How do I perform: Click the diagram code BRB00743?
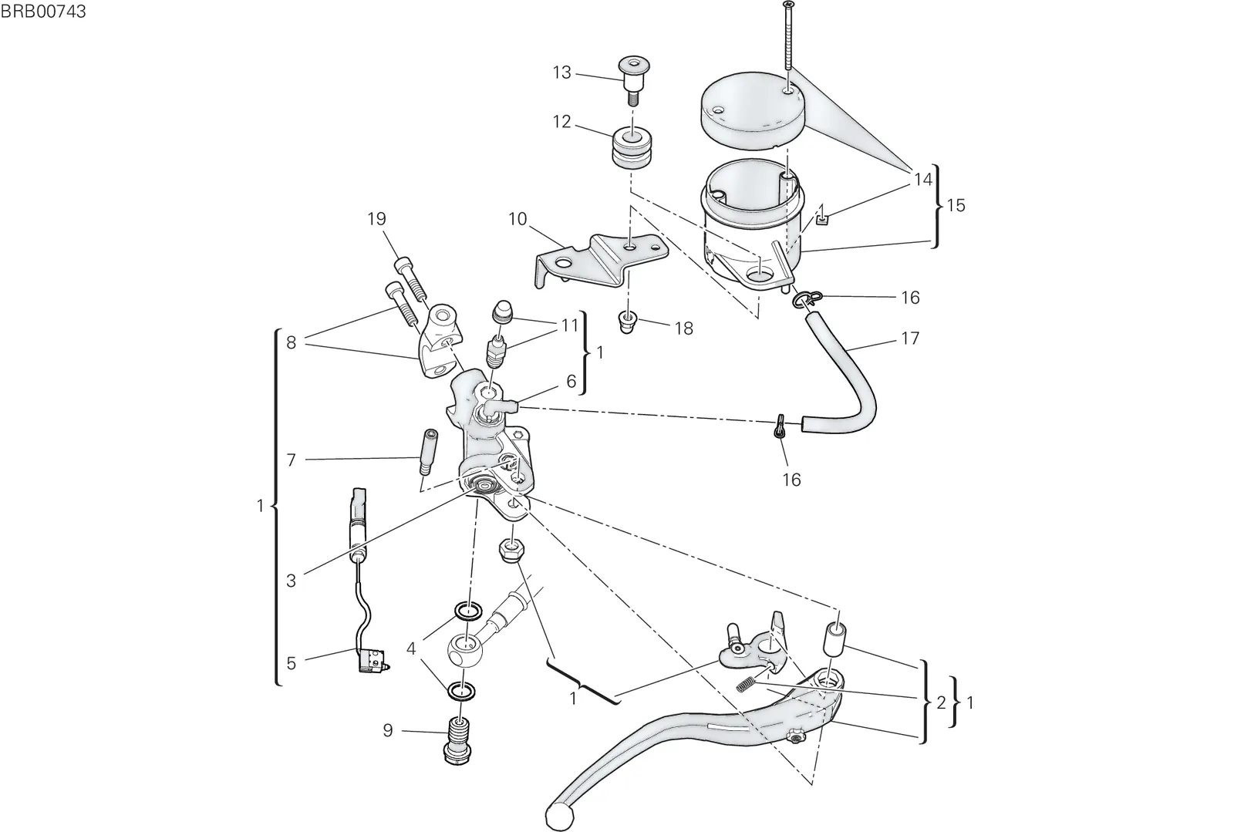pyautogui.click(x=43, y=11)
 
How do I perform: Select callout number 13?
pyautogui.click(x=562, y=72)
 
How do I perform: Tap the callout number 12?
pyautogui.click(x=562, y=122)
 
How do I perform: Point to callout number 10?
pyautogui.click(x=518, y=219)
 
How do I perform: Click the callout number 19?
pyautogui.click(x=377, y=219)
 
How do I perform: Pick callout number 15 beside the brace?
pyautogui.click(x=956, y=205)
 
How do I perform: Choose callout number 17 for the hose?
pyautogui.click(x=911, y=338)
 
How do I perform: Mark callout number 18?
pyautogui.click(x=683, y=328)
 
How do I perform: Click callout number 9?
pyautogui.click(x=388, y=731)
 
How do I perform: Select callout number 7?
pyautogui.click(x=292, y=460)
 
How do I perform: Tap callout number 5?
pyautogui.click(x=292, y=663)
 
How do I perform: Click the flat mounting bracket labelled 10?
pyautogui.click(x=602, y=261)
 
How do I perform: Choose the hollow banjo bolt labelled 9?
pyautogui.click(x=457, y=740)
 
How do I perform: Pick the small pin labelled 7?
pyautogui.click(x=427, y=452)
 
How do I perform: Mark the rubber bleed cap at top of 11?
pyautogui.click(x=502, y=312)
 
